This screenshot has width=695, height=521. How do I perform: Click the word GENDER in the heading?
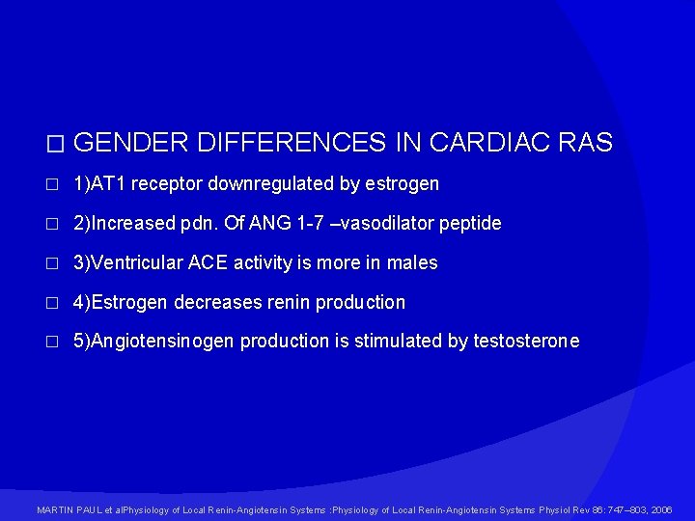pos(130,143)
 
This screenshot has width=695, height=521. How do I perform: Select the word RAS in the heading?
pos(585,143)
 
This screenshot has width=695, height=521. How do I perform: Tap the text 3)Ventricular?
pos(130,262)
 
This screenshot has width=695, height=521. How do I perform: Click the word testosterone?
pos(526,342)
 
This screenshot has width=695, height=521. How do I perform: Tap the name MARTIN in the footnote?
pos(53,509)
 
